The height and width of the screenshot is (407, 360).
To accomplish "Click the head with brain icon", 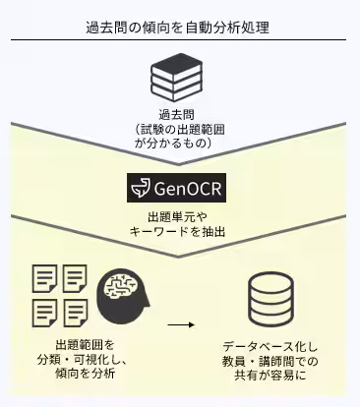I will [123, 295].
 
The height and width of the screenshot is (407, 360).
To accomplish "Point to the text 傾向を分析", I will [85, 374].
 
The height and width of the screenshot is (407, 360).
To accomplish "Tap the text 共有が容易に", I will [267, 377].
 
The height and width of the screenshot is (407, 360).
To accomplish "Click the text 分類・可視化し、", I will [85, 360].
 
